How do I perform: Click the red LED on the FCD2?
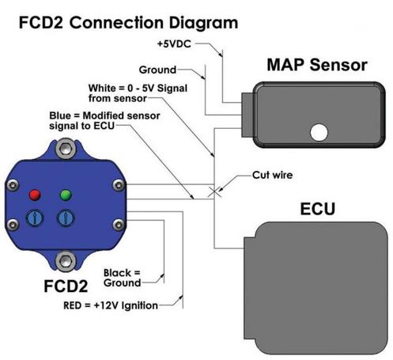pyautogui.click(x=35, y=195)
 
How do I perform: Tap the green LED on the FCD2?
pyautogui.click(x=66, y=195)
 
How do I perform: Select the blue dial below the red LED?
pyautogui.click(x=35, y=218)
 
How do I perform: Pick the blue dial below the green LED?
pyautogui.click(x=66, y=218)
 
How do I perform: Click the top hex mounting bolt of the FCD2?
pyautogui.click(x=65, y=149)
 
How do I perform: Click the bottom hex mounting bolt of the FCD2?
pyautogui.click(x=65, y=261)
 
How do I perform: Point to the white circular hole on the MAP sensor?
pyautogui.click(x=319, y=132)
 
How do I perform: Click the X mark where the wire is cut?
pyautogui.click(x=214, y=192)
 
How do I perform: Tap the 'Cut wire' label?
pyautogui.click(x=272, y=175)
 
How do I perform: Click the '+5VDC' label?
pyautogui.click(x=174, y=44)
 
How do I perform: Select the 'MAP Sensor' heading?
pyautogui.click(x=317, y=65)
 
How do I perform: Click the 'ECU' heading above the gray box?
pyautogui.click(x=318, y=209)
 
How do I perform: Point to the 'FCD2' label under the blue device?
pyautogui.click(x=66, y=286)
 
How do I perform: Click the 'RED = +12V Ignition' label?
pyautogui.click(x=111, y=305)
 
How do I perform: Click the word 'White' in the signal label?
pyautogui.click(x=102, y=88)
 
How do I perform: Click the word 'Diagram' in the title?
pyautogui.click(x=203, y=23)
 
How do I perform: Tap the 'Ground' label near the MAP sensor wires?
pyautogui.click(x=157, y=70)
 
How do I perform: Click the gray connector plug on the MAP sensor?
pyautogui.click(x=248, y=115)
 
